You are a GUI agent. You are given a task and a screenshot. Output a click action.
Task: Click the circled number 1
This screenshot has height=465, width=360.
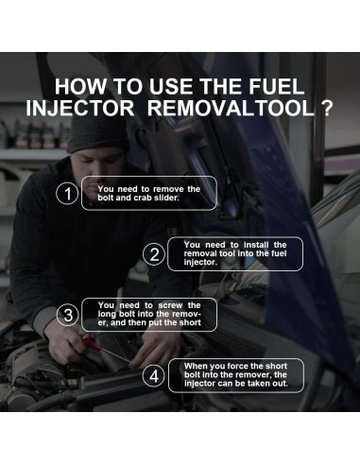coord(67,194)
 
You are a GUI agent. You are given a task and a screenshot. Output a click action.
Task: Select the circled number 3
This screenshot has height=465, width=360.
coord(67,314)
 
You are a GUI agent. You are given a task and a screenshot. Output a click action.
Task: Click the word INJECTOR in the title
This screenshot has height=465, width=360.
coord(82,109)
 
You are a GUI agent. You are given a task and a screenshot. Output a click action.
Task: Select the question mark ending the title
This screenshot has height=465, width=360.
coord(327,109)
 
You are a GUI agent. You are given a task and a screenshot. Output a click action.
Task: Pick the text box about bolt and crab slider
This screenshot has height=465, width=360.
coord(149,193)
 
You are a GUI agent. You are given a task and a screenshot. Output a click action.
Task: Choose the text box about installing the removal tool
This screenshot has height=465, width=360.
coord(233,253)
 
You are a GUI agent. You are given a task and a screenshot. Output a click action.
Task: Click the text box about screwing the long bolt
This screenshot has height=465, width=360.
coord(149,314)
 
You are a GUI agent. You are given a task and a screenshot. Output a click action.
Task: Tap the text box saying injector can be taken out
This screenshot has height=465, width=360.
coord(236,374)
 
